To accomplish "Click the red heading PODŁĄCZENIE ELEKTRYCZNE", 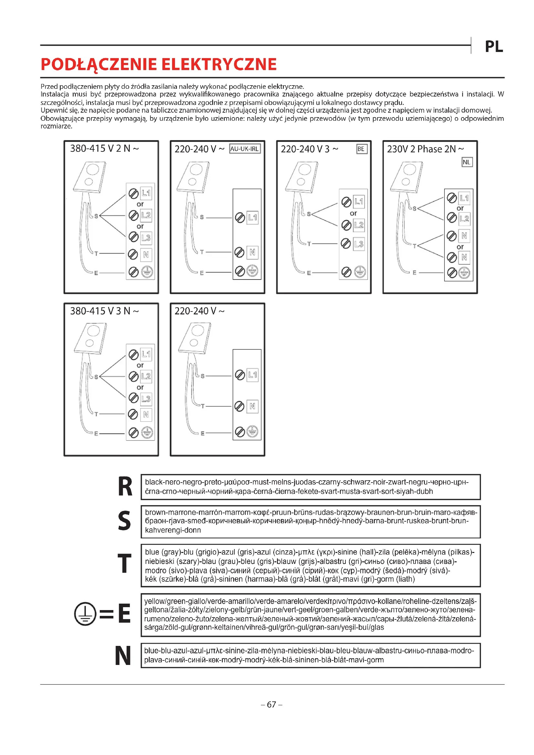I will point(159,64).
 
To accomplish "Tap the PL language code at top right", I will point(494,47).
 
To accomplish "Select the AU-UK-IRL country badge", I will point(244,149).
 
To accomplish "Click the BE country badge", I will point(361,149).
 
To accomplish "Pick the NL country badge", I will point(467,162).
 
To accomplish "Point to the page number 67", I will point(271,704).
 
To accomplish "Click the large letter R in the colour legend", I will point(125,487).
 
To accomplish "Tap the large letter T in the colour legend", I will point(125,564).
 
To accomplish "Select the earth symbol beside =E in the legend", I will point(85,613).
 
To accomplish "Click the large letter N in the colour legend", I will point(123,656).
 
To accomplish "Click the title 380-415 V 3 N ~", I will point(104,311).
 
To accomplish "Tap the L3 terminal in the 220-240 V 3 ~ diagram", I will point(359,244).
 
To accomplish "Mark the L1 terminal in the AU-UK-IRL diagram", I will point(252,217).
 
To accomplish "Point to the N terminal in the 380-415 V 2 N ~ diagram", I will point(146,254).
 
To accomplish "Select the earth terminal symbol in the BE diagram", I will point(360,272).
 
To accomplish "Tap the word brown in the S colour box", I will point(155,512).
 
